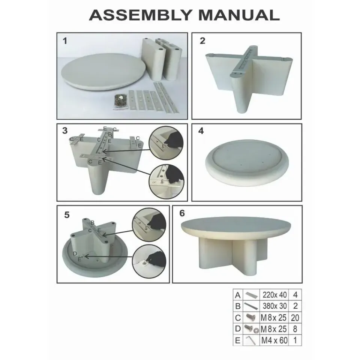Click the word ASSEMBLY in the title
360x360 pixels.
click(x=140, y=15)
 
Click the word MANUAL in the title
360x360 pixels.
click(x=239, y=15)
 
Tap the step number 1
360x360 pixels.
click(x=65, y=41)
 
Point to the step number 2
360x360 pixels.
click(x=202, y=41)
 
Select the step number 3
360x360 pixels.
click(x=65, y=130)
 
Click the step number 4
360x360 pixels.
click(x=201, y=130)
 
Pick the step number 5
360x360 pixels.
click(x=67, y=215)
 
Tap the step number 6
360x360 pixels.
click(x=182, y=213)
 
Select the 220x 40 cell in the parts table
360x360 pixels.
click(x=274, y=295)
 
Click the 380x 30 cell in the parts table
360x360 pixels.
click(x=274, y=306)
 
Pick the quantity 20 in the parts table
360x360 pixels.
click(x=295, y=318)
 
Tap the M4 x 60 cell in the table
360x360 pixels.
click(x=274, y=340)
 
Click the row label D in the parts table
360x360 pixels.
click(x=238, y=329)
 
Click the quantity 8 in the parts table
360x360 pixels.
click(x=295, y=329)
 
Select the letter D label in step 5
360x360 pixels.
click(x=75, y=253)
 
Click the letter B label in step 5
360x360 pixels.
click(x=93, y=222)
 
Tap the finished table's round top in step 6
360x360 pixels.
click(x=236, y=226)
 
